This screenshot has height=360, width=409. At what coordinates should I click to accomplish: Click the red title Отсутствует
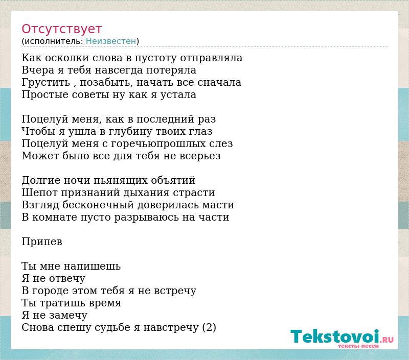(61, 29)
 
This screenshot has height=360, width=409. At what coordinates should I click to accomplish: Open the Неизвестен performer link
(111, 41)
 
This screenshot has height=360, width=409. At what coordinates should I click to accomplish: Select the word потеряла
(171, 70)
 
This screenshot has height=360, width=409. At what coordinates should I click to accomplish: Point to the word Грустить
(46, 82)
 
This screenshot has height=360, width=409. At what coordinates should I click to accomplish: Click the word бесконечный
(98, 205)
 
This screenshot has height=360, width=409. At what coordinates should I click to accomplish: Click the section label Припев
(42, 242)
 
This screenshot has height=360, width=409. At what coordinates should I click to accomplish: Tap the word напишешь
(92, 266)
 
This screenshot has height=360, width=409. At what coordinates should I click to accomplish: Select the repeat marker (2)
(209, 327)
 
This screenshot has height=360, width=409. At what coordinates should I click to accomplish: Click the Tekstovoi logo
(342, 337)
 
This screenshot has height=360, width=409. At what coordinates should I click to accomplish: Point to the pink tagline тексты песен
(358, 346)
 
